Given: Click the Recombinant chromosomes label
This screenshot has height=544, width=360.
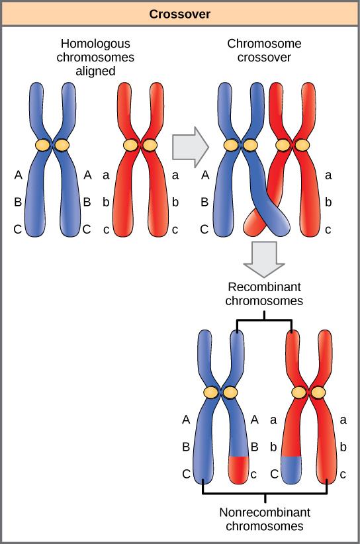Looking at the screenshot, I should coord(264,294).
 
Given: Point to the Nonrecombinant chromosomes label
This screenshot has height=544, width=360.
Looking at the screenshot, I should coord(265,520).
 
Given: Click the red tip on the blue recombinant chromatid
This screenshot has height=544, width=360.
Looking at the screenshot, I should coord(238,469).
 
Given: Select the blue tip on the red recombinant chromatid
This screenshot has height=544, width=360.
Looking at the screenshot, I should coord(291,469).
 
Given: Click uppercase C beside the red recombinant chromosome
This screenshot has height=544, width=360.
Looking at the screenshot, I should coord(273,475).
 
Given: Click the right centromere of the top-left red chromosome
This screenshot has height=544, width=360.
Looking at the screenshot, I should coord(150,145).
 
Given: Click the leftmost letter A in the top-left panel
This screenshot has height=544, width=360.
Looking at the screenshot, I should coord(18,175).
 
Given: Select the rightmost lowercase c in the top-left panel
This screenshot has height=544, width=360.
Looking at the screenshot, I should coord(175,231).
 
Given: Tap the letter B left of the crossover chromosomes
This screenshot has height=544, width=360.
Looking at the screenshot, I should coord(204,203).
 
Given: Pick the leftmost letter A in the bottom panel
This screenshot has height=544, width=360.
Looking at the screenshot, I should coord(186,419).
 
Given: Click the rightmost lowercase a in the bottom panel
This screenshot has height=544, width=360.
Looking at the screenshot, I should coord(343,419).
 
